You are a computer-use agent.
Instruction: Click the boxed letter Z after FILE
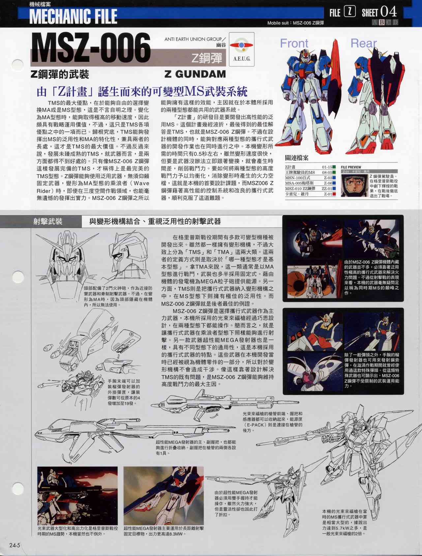pyautogui.click(x=349, y=12)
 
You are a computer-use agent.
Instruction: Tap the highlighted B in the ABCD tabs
pyautogui.click(x=381, y=22)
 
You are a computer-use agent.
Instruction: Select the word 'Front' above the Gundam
pyautogui.click(x=294, y=43)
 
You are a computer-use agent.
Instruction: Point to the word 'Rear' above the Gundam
pyautogui.click(x=363, y=43)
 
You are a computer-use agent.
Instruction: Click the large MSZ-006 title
pyautogui.click(x=91, y=50)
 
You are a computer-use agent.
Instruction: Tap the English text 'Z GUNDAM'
pyautogui.click(x=195, y=74)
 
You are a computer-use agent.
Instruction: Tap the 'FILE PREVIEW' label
pyautogui.click(x=351, y=167)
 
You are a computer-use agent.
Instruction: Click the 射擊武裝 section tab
pyautogui.click(x=47, y=221)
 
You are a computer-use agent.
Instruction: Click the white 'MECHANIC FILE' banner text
pyautogui.click(x=73, y=16)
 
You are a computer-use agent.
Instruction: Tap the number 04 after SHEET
pyautogui.click(x=389, y=12)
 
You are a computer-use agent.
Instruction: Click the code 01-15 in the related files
pyautogui.click(x=327, y=167)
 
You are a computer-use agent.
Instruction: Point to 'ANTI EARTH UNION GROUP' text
pyautogui.click(x=193, y=39)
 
